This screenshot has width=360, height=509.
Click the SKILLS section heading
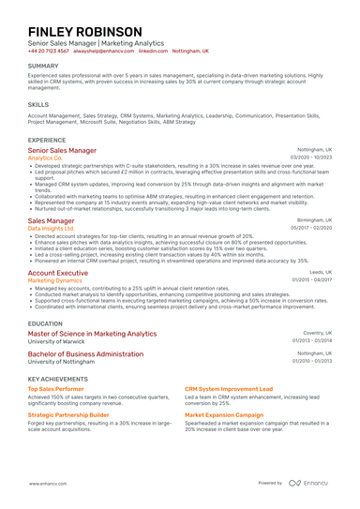[x=38, y=105]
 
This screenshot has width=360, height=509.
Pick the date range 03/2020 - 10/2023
[x=310, y=158]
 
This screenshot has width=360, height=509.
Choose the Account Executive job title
[x=58, y=272]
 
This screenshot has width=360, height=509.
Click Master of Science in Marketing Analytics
[x=93, y=333]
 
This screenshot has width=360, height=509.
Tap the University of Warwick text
[x=61, y=341]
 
